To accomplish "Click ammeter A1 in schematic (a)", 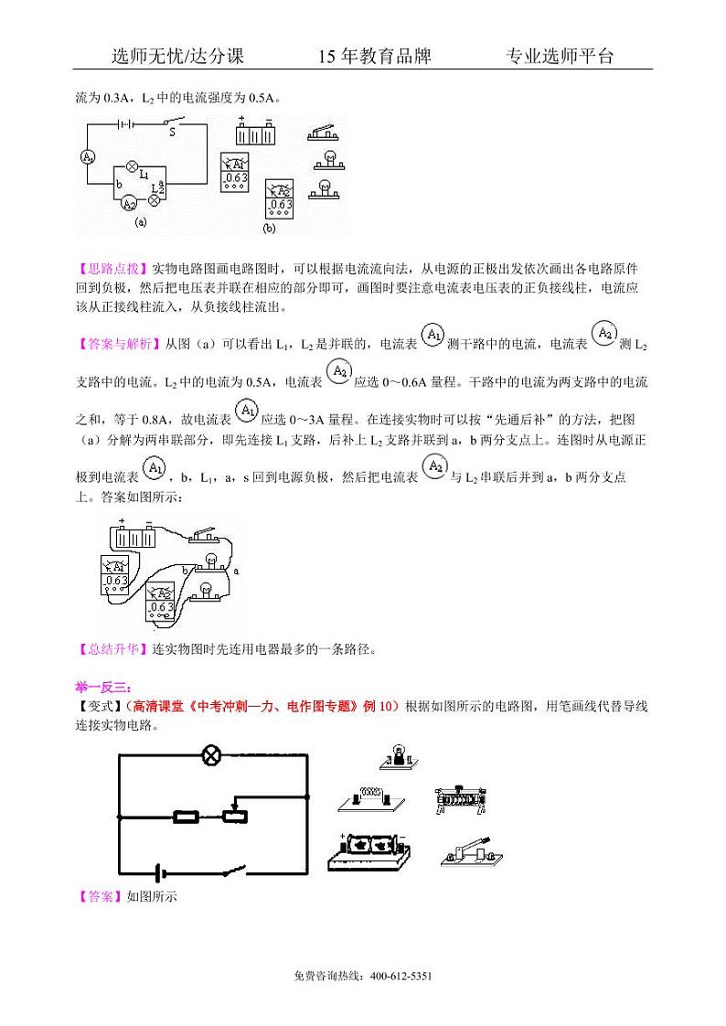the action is [x=88, y=156].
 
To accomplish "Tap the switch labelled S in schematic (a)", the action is [x=172, y=122].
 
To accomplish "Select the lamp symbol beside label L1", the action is [x=132, y=166].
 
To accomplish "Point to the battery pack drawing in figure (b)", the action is [x=255, y=133].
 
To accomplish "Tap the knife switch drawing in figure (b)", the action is [x=325, y=134].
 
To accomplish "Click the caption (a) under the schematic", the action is [x=140, y=222].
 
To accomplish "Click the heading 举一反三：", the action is [x=103, y=687].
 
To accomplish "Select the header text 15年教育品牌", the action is [x=374, y=57].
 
